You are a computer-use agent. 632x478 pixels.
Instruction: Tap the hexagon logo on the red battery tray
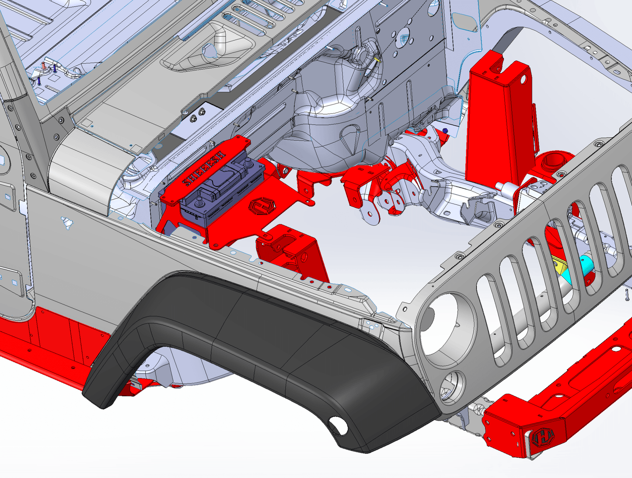259,205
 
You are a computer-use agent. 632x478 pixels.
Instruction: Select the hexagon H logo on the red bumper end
543,436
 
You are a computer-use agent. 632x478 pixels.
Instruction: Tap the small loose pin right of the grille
627,294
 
